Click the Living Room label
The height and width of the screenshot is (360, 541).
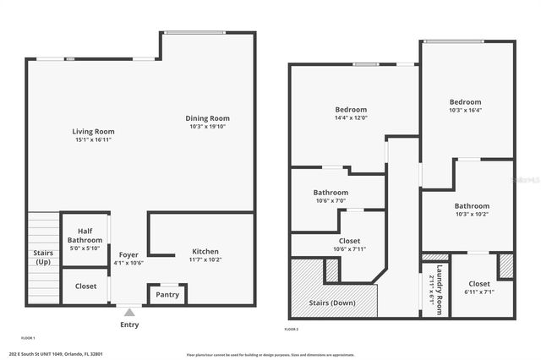coord(93,132)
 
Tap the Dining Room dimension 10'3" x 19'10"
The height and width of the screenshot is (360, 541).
coord(208,127)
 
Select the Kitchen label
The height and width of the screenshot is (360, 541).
coord(205,252)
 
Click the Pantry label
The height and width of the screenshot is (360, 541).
coord(167,295)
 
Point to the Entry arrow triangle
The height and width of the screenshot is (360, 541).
coord(128,312)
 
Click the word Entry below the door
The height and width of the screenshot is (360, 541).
coord(129,325)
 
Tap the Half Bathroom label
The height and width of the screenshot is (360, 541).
coord(85,235)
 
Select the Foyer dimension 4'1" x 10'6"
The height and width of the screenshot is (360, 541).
coord(128,263)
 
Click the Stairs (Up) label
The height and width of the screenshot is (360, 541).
coord(42,258)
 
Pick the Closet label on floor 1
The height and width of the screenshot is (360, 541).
coord(85,286)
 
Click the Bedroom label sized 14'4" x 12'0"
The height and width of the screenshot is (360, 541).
coord(351,110)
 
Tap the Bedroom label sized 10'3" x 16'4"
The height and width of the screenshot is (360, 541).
coord(465,102)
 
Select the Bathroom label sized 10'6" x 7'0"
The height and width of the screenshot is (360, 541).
coord(331,192)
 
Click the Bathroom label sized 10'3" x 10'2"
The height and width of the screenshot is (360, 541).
coord(472,206)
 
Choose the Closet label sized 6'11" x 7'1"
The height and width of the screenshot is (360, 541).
coord(479,284)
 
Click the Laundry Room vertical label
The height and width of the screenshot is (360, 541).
coord(439,292)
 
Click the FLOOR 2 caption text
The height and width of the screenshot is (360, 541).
coord(292,329)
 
